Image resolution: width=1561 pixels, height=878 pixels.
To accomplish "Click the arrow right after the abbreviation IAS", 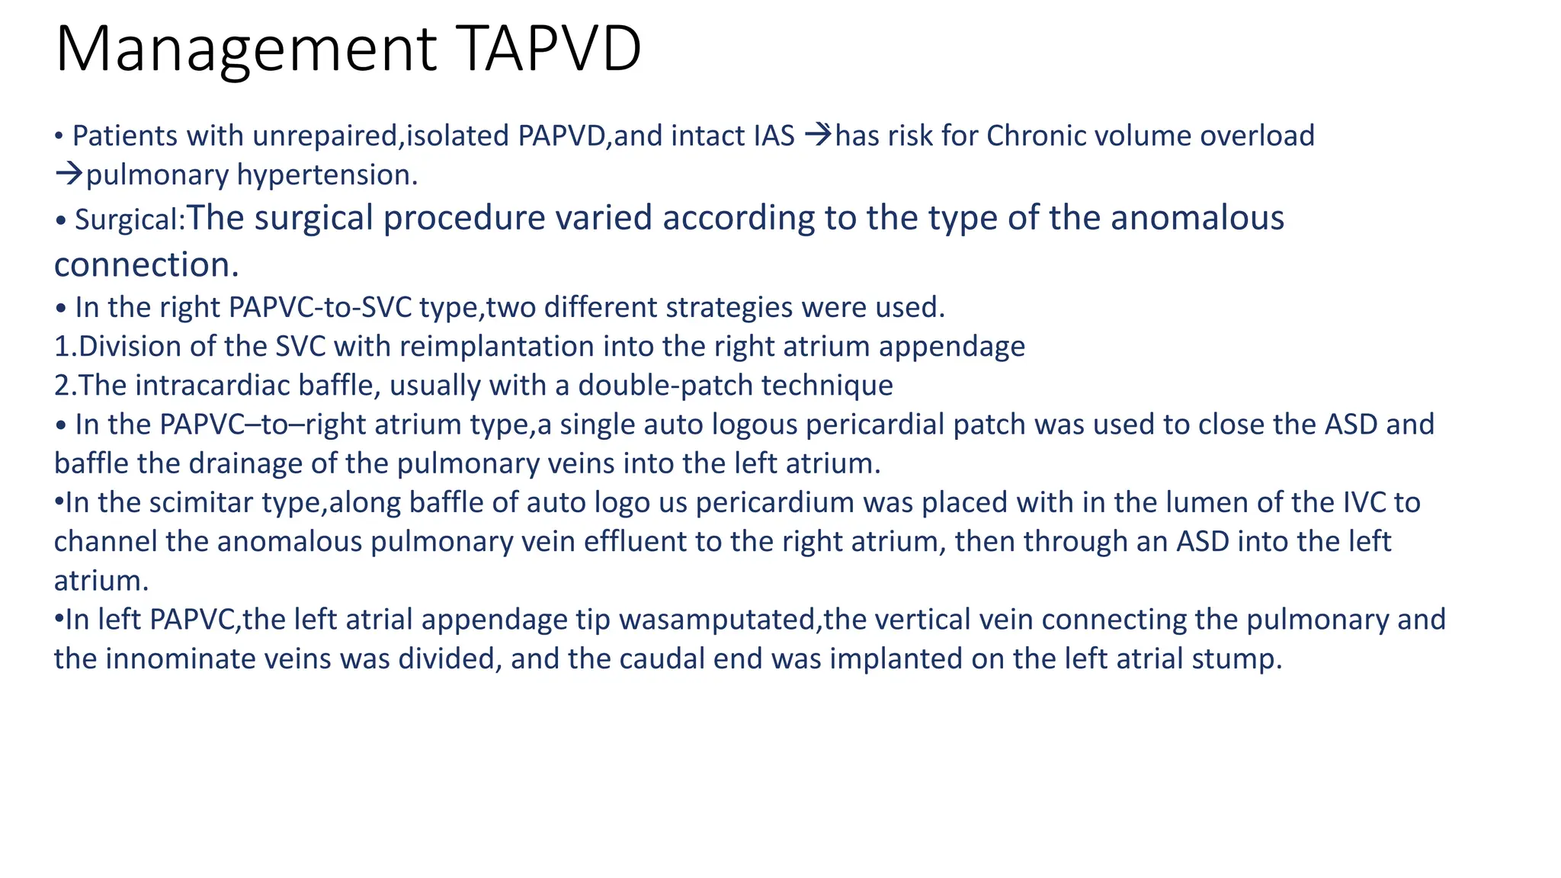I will [818, 136].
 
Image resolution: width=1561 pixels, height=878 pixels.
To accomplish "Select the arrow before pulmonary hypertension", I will [68, 175].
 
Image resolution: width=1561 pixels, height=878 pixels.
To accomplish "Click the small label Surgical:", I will [130, 220].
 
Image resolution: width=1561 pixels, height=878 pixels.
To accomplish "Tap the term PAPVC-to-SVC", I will [320, 307].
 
